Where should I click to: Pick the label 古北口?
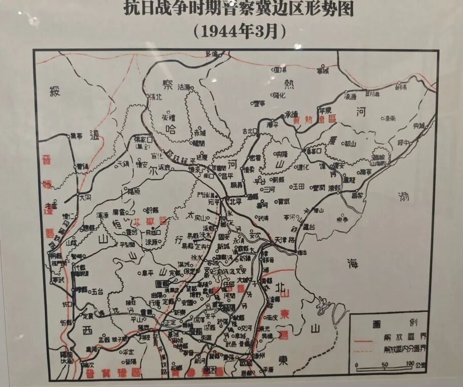pyautogui.click(x=250, y=131)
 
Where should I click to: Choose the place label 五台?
pyautogui.click(x=97, y=291)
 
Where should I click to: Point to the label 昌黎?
pyautogui.click(x=357, y=195)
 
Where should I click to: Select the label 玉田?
pyautogui.click(x=299, y=186)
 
